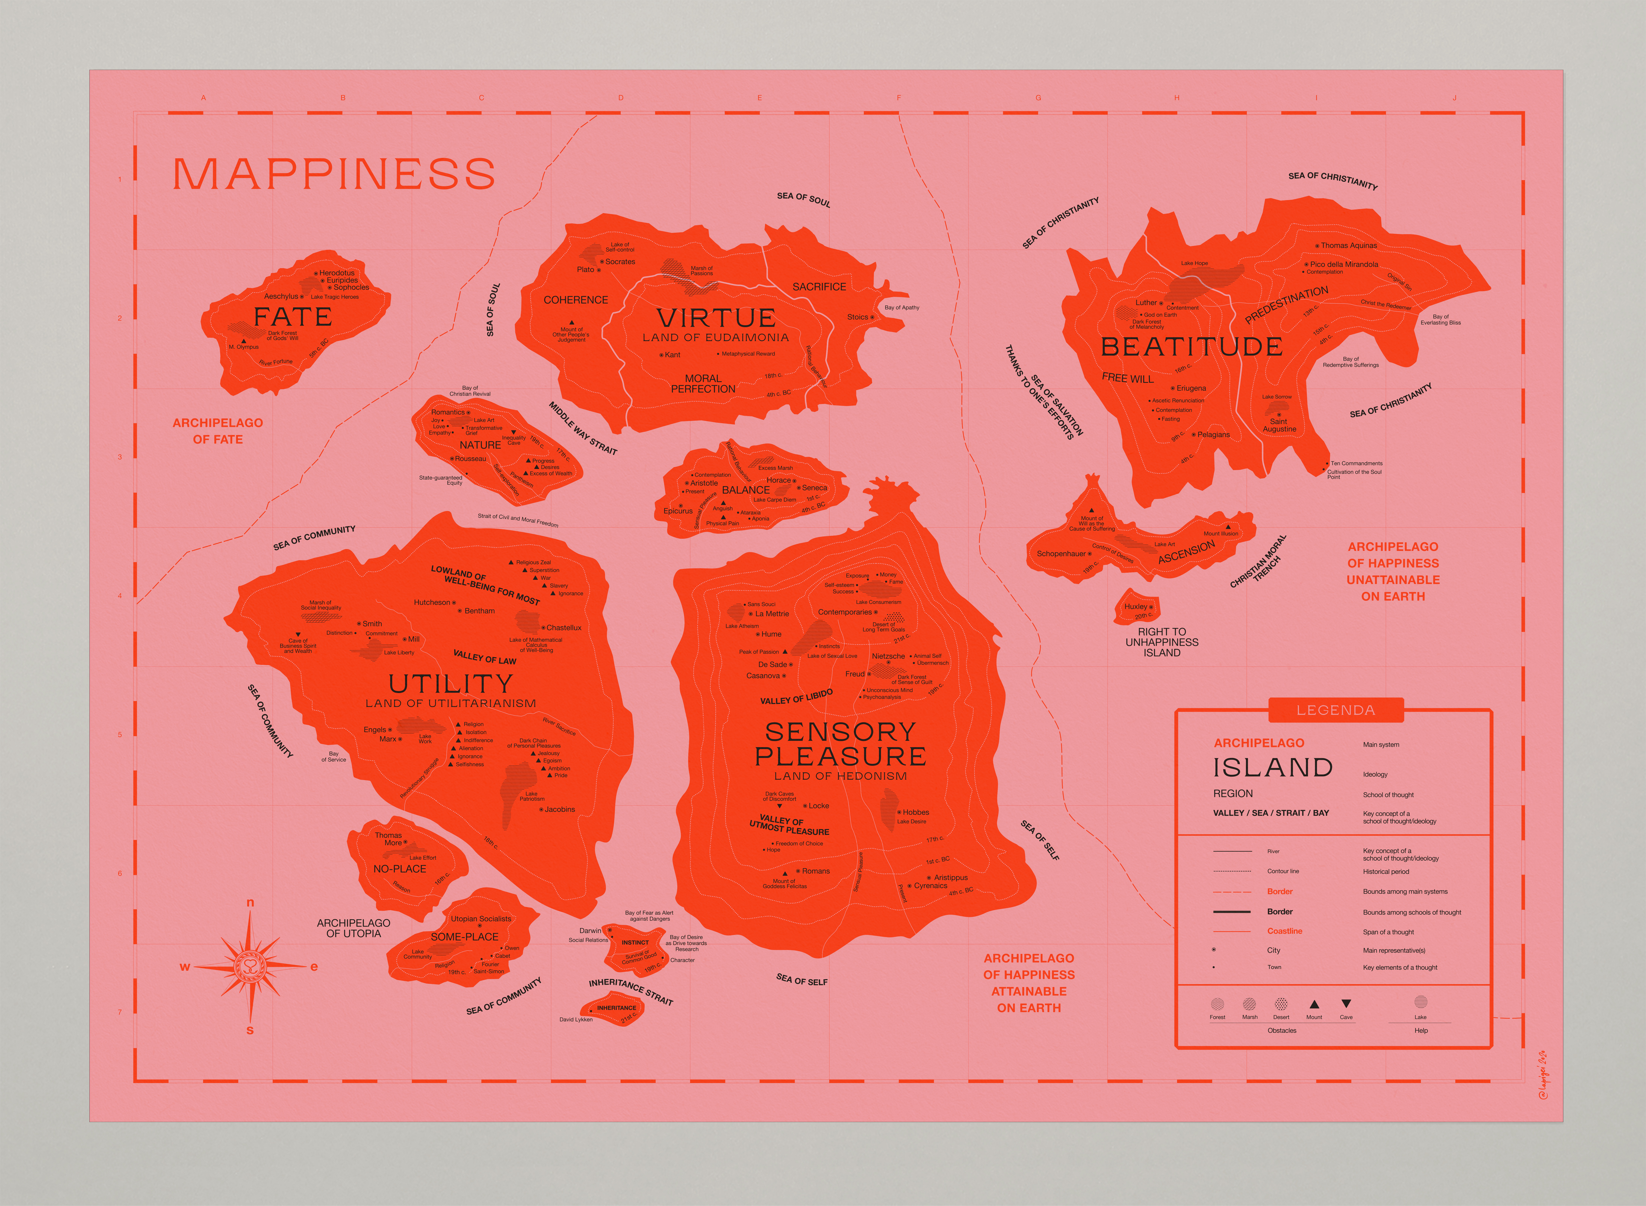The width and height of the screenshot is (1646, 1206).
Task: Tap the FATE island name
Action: tap(293, 318)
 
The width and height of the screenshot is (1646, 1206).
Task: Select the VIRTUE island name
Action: tap(716, 318)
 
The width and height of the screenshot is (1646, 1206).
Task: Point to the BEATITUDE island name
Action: tap(1191, 347)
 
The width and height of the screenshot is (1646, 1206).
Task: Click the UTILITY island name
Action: tap(451, 684)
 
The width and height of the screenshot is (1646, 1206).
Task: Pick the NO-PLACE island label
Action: tap(400, 869)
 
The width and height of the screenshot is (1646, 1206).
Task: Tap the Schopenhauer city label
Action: tap(1061, 553)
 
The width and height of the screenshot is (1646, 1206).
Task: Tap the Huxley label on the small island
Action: tap(1136, 607)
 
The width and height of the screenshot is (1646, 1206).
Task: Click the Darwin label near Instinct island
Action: tap(590, 931)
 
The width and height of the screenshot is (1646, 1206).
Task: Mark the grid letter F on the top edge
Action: tap(899, 98)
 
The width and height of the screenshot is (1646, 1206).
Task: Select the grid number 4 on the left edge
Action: tap(120, 596)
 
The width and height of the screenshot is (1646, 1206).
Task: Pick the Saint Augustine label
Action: tap(1279, 425)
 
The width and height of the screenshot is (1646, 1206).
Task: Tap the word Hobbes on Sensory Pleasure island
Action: tap(916, 812)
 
